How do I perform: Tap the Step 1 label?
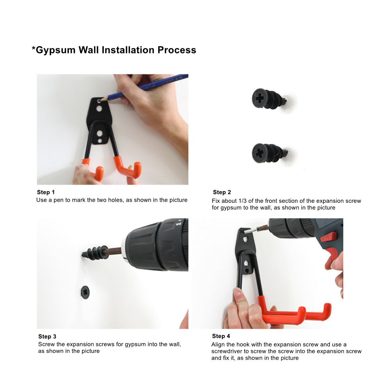[46, 192]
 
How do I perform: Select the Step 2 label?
[222, 192]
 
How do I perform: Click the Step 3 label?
[47, 337]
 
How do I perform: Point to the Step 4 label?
[221, 336]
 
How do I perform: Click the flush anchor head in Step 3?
[85, 292]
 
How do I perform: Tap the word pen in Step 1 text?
[58, 200]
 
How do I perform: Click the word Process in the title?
[177, 50]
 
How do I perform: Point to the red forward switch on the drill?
[329, 237]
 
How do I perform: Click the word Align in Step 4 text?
[218, 345]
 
